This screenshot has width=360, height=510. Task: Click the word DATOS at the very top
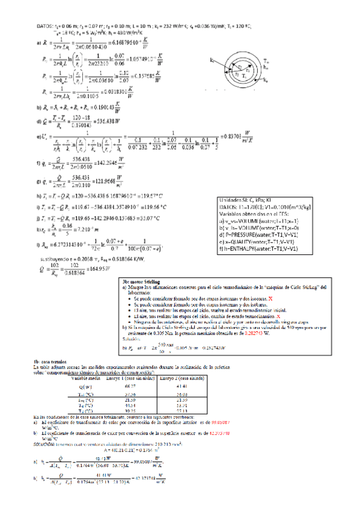tap(45, 27)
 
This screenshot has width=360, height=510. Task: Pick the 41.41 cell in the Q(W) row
tap(182, 387)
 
